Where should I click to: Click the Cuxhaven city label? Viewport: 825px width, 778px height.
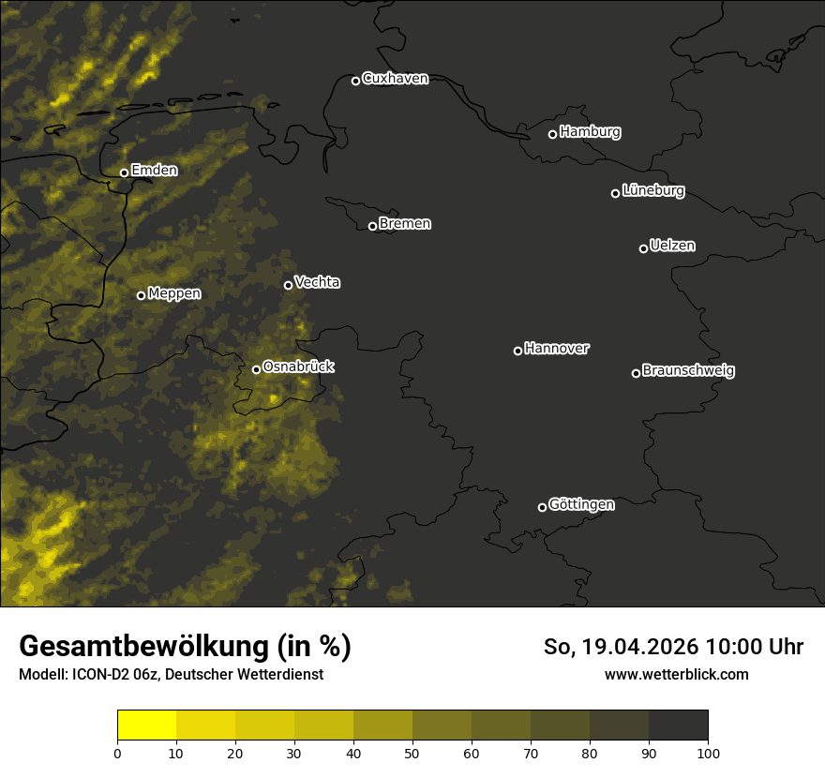click(395, 79)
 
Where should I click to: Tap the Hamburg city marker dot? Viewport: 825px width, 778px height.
click(552, 134)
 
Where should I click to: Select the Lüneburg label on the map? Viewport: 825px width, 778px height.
click(652, 191)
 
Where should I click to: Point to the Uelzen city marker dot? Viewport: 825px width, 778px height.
click(643, 248)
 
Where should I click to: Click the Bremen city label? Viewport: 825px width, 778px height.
click(405, 224)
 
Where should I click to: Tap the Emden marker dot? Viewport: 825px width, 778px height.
click(124, 172)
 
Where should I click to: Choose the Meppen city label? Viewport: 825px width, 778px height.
click(174, 293)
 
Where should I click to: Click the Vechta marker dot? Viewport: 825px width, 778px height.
click(288, 285)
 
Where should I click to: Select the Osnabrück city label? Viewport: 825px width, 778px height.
click(298, 367)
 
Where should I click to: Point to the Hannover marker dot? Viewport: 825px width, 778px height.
click(517, 351)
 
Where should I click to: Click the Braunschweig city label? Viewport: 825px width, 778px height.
click(688, 371)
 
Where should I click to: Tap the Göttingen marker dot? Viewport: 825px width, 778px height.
click(542, 507)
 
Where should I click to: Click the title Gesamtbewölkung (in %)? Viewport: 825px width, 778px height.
click(185, 647)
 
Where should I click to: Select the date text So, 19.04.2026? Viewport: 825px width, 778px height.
click(622, 647)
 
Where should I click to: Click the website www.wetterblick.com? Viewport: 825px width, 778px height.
click(676, 674)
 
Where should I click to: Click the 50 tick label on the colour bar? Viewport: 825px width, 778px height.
click(412, 752)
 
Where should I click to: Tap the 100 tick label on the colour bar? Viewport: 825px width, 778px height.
click(708, 752)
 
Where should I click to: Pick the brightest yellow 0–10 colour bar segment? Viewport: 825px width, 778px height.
click(146, 726)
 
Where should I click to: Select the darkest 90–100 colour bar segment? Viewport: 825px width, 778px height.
click(678, 726)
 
